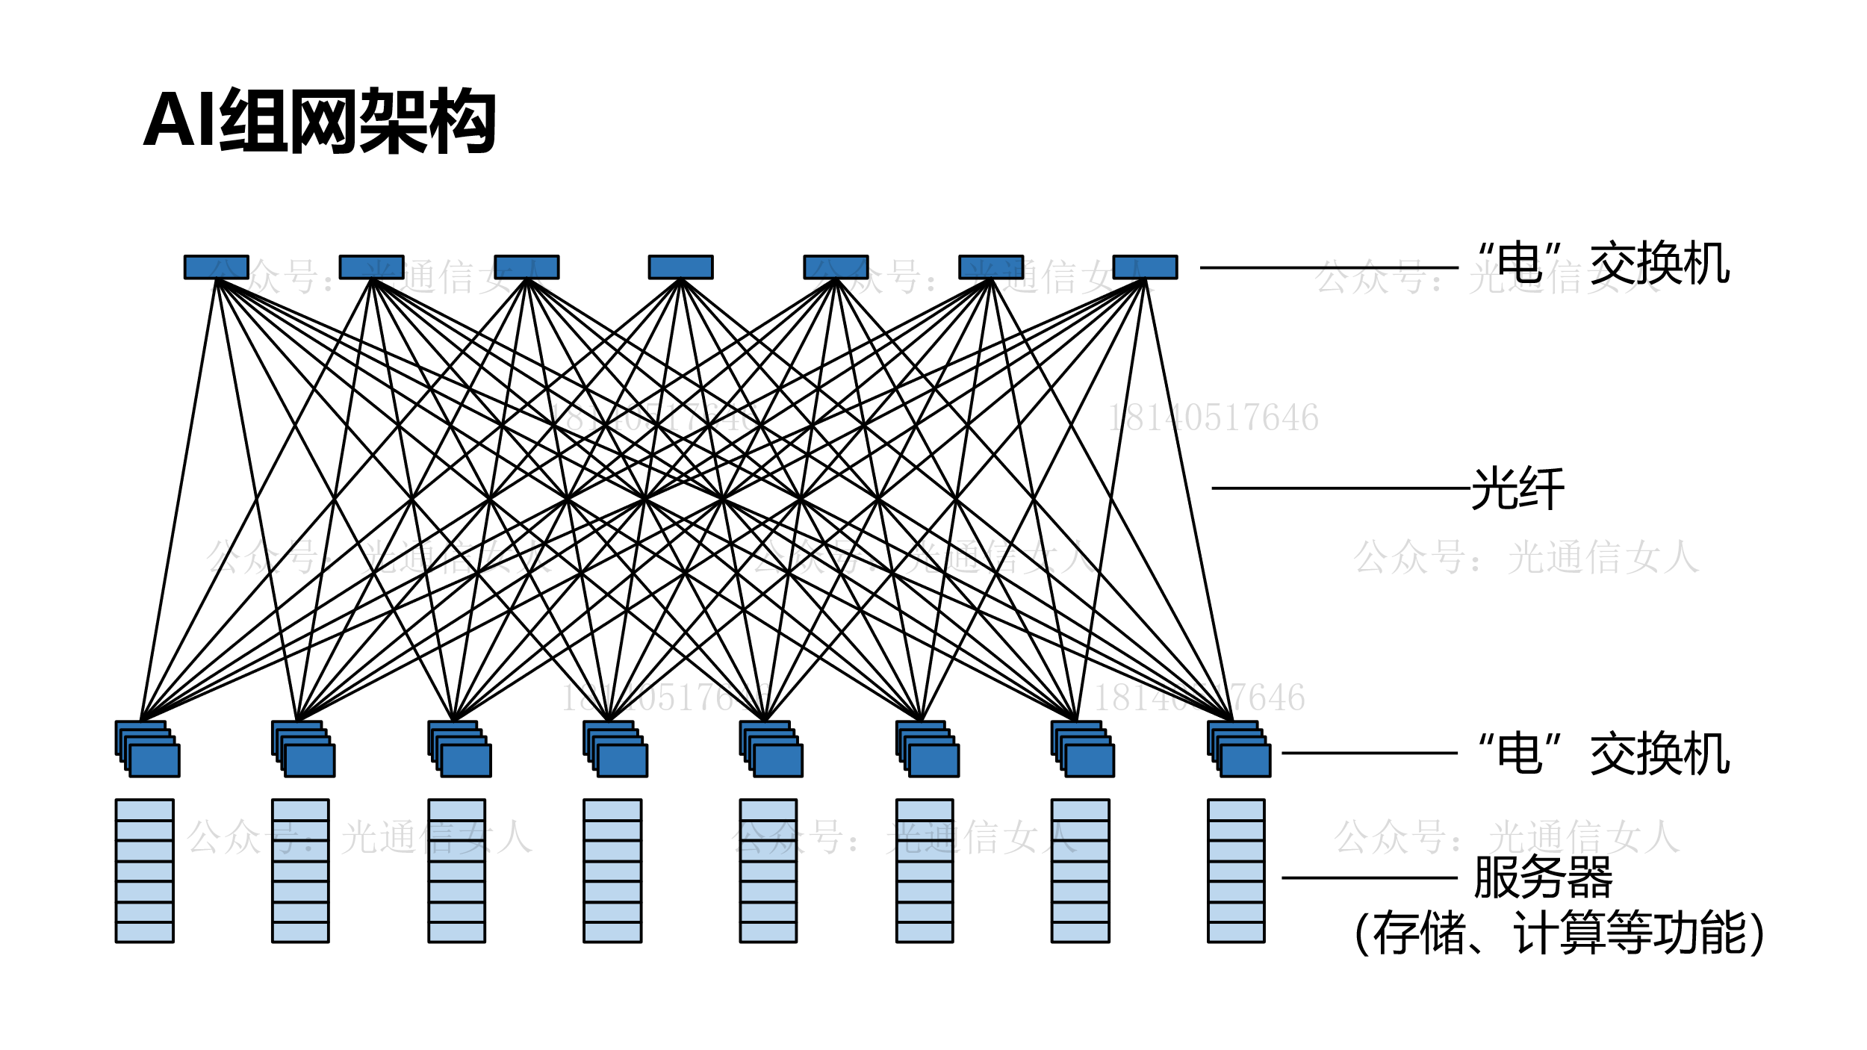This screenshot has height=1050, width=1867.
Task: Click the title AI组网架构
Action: (x=320, y=121)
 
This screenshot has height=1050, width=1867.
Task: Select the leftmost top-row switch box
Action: (x=217, y=267)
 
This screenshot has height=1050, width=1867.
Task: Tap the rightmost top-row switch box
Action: (x=1145, y=267)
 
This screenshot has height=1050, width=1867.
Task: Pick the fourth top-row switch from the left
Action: (x=680, y=267)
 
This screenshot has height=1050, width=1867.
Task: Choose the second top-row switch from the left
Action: (x=371, y=267)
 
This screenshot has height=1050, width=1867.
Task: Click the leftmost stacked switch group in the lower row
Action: (x=149, y=749)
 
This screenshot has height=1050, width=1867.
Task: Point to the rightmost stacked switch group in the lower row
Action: (x=1240, y=749)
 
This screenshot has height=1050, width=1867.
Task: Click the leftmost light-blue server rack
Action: (x=145, y=871)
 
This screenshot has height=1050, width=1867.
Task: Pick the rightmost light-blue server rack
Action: (x=1236, y=871)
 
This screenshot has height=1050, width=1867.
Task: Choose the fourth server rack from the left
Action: (x=612, y=871)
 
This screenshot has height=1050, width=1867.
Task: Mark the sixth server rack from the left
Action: (x=925, y=871)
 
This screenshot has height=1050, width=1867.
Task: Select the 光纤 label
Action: (x=1517, y=489)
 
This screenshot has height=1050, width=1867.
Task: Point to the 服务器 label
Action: (x=1543, y=877)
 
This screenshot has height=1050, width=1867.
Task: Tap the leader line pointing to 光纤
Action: (x=1341, y=488)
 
